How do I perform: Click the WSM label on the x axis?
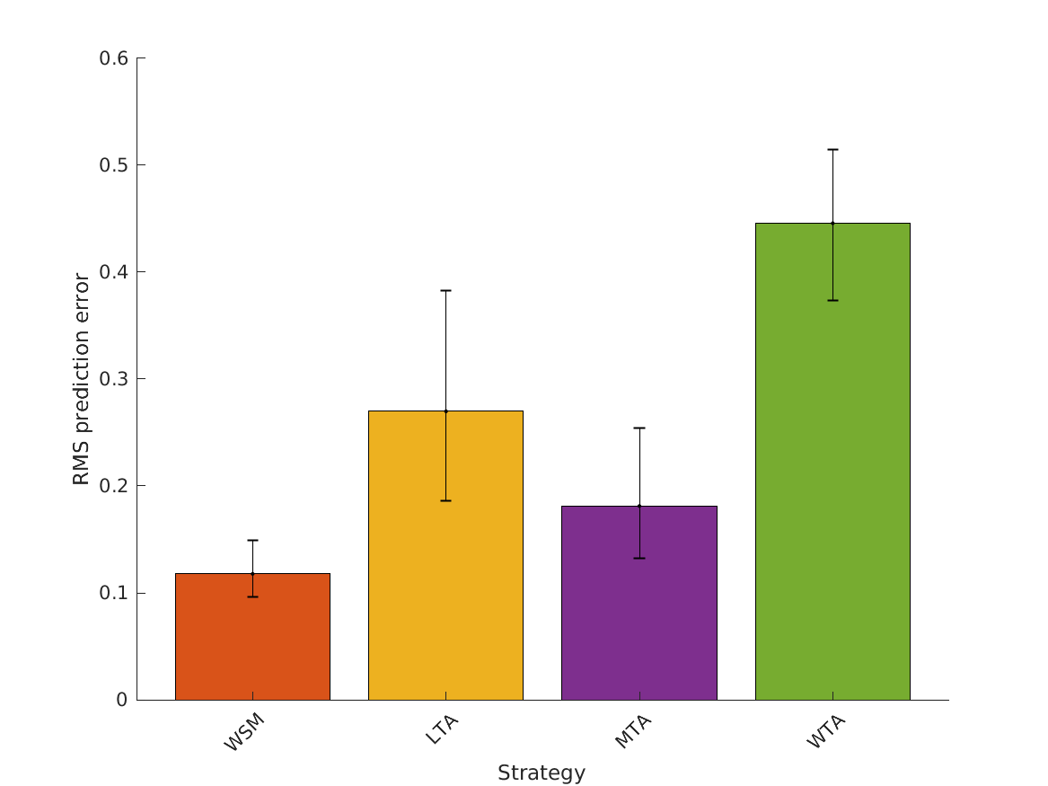click(x=244, y=732)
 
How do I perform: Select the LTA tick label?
click(x=441, y=729)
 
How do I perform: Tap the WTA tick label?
click(x=826, y=730)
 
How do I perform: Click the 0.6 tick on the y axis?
click(x=114, y=58)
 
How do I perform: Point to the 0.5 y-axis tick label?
click(x=114, y=165)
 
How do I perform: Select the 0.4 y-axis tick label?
click(x=114, y=272)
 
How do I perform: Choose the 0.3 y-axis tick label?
click(x=114, y=379)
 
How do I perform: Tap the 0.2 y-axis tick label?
click(x=114, y=486)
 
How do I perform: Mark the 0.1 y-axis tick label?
click(x=114, y=593)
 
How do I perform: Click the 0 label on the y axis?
click(x=122, y=700)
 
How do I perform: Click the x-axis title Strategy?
click(x=542, y=773)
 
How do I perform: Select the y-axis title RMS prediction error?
click(x=82, y=379)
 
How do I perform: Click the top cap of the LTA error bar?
click(x=445, y=290)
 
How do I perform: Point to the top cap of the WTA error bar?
click(x=832, y=149)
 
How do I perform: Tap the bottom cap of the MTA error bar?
click(x=639, y=558)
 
